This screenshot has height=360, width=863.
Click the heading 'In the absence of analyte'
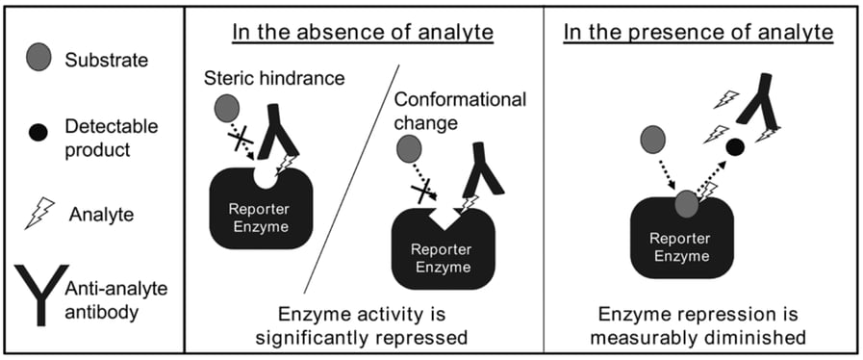363,33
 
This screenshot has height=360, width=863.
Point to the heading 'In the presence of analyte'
698,33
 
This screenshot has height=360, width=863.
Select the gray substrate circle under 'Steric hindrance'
226,107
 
